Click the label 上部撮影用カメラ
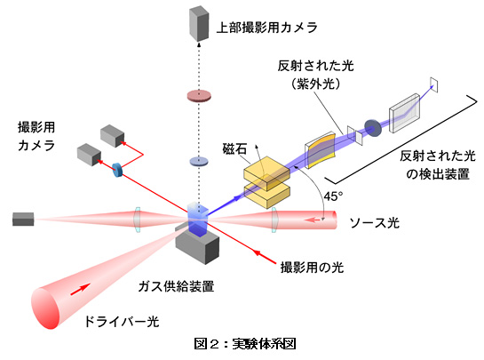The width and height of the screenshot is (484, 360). pyautogui.click(x=266, y=28)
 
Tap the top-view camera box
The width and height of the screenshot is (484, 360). pyautogui.click(x=199, y=23)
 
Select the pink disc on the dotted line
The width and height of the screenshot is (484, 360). pyautogui.click(x=199, y=95)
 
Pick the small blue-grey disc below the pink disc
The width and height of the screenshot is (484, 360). pyautogui.click(x=199, y=162)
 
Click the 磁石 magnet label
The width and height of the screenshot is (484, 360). pyautogui.click(x=234, y=149)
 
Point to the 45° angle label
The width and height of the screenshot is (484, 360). pyautogui.click(x=333, y=196)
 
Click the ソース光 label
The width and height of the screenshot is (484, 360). pyautogui.click(x=374, y=222)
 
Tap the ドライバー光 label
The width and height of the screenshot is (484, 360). pyautogui.click(x=122, y=322)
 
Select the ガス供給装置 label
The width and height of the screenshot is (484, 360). pyautogui.click(x=176, y=286)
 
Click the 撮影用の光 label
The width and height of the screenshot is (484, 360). pyautogui.click(x=312, y=268)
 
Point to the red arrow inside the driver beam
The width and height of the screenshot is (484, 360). pyautogui.click(x=81, y=289)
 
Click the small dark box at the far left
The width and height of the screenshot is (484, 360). pyautogui.click(x=23, y=219)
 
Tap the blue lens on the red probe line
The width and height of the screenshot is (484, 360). pyautogui.click(x=117, y=170)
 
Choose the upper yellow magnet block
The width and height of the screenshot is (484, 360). pyautogui.click(x=267, y=173)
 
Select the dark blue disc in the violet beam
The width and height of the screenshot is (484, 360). pyautogui.click(x=373, y=128)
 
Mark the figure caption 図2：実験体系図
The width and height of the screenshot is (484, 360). pyautogui.click(x=245, y=344)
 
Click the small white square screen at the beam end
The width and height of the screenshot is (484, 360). pyautogui.click(x=434, y=84)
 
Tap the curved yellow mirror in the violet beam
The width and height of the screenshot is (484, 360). pyautogui.click(x=320, y=150)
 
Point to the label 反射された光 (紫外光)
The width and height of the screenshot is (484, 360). pyautogui.click(x=315, y=75)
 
